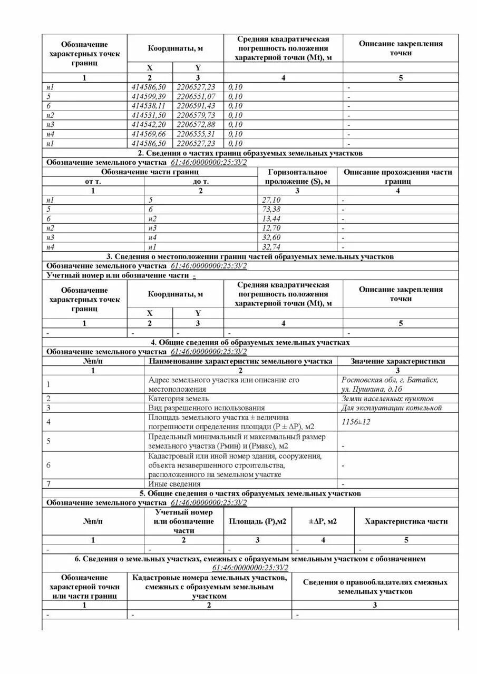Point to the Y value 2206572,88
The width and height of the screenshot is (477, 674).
[196, 124]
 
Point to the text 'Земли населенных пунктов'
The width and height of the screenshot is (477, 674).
[387, 399]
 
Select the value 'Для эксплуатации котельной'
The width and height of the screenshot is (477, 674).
[391, 408]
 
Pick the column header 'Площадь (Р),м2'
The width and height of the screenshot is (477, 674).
[257, 521]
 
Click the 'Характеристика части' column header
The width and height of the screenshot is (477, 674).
[406, 521]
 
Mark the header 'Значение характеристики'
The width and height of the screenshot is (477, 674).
[398, 361]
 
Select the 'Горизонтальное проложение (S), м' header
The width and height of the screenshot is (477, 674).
[298, 176]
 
